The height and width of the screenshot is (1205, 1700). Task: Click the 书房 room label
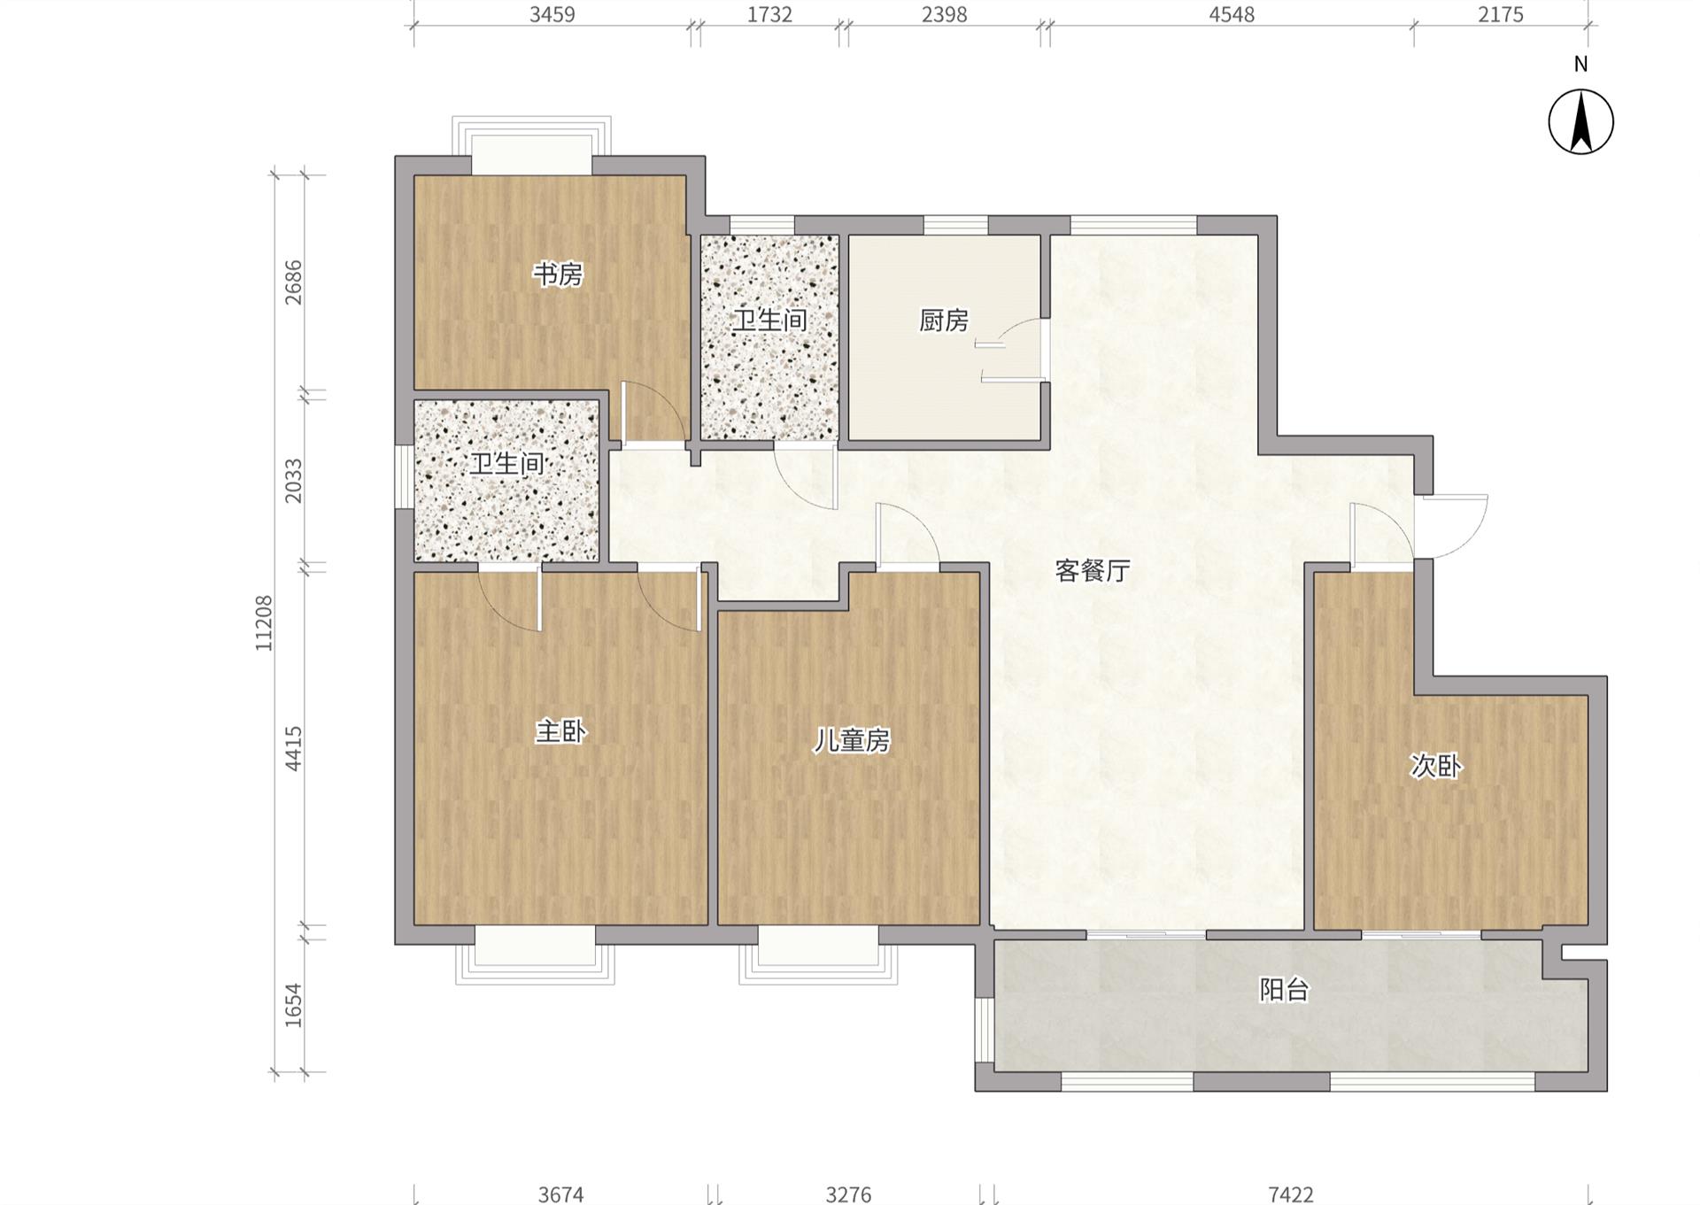tap(557, 274)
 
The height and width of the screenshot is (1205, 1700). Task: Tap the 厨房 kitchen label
tap(944, 321)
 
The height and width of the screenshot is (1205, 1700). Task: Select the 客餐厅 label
tap(1093, 571)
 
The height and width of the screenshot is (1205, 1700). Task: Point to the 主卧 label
tap(560, 732)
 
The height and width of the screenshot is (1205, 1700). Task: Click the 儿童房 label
tap(852, 740)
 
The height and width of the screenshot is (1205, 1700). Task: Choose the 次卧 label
tap(1435, 766)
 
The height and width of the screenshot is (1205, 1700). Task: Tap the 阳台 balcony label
tap(1284, 990)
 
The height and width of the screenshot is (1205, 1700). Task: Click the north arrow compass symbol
tap(1580, 122)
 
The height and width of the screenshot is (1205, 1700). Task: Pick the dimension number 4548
tap(1232, 14)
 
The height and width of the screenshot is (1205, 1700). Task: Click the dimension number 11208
tap(264, 623)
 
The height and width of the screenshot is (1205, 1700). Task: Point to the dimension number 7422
tap(1290, 1195)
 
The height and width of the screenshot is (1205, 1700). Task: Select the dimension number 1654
tap(293, 1006)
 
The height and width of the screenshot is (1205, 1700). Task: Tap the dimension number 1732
tap(769, 14)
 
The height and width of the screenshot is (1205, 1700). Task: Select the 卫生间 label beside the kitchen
tap(769, 320)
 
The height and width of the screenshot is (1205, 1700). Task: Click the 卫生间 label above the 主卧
tap(506, 463)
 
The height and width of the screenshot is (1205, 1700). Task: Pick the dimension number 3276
tap(848, 1195)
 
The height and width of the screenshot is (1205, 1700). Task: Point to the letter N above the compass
tap(1580, 64)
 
